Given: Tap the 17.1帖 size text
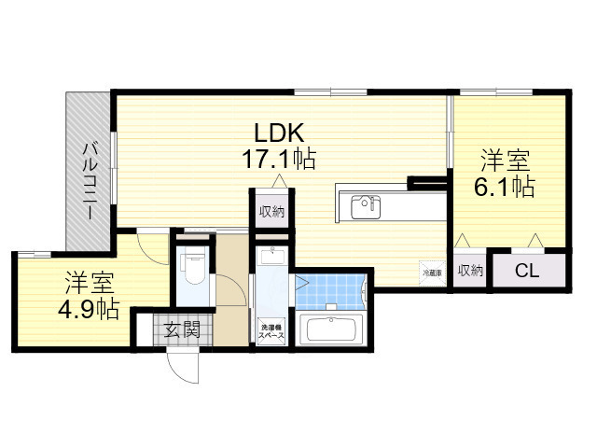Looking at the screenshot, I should (278, 160).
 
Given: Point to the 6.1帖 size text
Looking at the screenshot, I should (504, 186).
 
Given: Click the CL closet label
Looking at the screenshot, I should (527, 272).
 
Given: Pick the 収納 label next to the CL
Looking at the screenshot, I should (470, 271).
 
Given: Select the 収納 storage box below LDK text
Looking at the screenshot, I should (271, 211).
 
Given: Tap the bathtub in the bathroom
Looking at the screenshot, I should (332, 330).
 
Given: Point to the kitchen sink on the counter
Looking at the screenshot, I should (364, 205).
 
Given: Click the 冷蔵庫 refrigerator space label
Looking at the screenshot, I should (431, 273).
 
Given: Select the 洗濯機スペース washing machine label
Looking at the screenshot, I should (272, 330).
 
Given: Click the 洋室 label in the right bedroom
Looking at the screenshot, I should (504, 157).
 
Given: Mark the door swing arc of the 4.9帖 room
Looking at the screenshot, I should (149, 245).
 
